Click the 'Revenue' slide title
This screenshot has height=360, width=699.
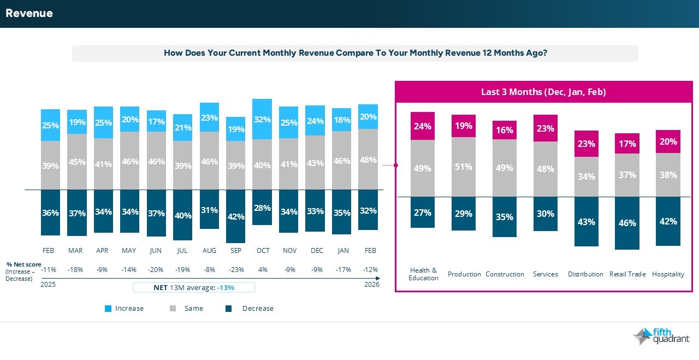click(x=29, y=14)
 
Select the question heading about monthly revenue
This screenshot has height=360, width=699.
click(x=356, y=54)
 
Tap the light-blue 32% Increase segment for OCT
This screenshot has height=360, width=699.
click(x=262, y=119)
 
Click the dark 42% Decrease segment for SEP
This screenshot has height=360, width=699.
click(x=236, y=216)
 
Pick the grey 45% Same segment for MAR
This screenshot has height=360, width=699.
click(x=76, y=162)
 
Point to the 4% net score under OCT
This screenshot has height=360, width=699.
click(x=263, y=269)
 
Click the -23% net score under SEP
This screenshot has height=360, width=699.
click(x=236, y=269)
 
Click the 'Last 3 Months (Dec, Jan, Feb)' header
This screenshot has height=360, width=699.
click(x=543, y=92)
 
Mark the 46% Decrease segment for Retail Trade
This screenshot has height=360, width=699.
click(x=627, y=223)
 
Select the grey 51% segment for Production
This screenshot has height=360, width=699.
click(x=464, y=167)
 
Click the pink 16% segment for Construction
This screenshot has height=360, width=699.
click(x=505, y=130)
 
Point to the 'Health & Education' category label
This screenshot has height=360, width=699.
click(x=423, y=274)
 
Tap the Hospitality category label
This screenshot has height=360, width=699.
click(x=668, y=274)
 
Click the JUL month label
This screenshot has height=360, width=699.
click(x=182, y=251)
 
